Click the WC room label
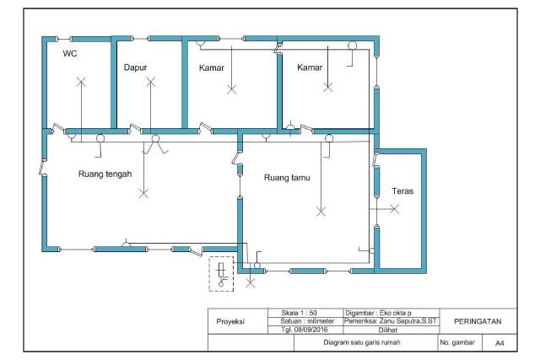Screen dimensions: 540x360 point(70,53)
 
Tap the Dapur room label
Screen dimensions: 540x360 point(135,67)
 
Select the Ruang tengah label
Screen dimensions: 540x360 point(105,175)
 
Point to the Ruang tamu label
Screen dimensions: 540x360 point(287,178)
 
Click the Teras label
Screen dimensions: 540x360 point(402,191)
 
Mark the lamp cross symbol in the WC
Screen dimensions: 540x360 point(81,82)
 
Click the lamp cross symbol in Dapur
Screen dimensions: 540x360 point(150,82)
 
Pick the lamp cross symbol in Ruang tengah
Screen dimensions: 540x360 point(144,193)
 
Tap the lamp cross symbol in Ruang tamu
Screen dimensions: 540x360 point(321,212)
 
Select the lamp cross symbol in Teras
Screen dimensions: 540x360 point(395,208)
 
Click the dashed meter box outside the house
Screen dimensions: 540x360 point(221,274)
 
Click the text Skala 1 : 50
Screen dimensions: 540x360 point(299,313)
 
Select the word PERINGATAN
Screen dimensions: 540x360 point(478,321)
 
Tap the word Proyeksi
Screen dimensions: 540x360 point(230,321)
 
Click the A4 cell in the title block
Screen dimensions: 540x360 point(499,343)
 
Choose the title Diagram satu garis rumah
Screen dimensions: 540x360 point(362,342)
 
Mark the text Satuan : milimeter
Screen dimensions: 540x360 point(307,321)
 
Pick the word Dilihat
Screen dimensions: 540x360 point(388,330)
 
